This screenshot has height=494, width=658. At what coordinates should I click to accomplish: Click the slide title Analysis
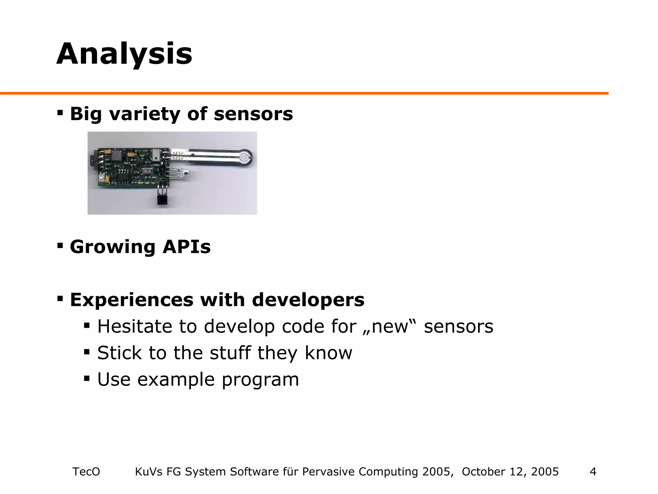point(124,54)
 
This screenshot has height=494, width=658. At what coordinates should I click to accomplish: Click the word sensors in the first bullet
point(253,114)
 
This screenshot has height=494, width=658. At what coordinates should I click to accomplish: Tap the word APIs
point(186,247)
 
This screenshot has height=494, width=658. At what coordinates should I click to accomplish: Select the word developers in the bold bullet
point(308,300)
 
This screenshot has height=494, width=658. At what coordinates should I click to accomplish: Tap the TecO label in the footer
point(86,471)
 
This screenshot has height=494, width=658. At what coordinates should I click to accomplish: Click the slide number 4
point(593,471)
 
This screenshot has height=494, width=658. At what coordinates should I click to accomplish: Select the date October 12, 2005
point(510,471)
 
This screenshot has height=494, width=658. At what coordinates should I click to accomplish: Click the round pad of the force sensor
point(245,157)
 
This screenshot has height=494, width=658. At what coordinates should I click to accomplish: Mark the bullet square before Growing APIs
point(60,246)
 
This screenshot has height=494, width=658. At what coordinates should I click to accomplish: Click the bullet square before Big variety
point(60,113)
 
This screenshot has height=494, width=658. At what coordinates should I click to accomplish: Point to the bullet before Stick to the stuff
point(87,352)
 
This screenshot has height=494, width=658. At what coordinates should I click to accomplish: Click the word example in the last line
point(175,380)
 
